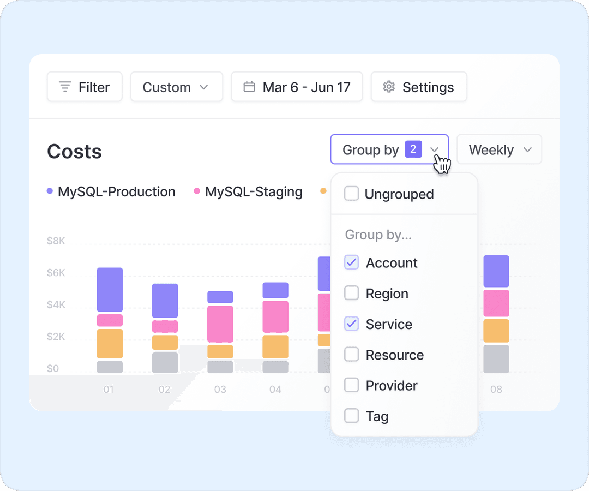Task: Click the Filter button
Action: tap(85, 87)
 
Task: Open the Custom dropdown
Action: tap(176, 87)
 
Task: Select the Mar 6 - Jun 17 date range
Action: tap(297, 87)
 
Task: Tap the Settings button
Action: tap(419, 87)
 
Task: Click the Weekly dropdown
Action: tap(499, 149)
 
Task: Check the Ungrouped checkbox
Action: tap(352, 194)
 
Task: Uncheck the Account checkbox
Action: tap(352, 262)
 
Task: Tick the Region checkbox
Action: tap(352, 294)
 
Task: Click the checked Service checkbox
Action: tap(352, 324)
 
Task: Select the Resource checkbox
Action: tap(352, 355)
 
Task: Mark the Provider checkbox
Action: tap(352, 386)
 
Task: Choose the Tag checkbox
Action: tap(352, 416)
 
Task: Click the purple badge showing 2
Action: tap(413, 149)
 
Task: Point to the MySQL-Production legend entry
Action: tap(111, 192)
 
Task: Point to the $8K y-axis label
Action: tap(56, 241)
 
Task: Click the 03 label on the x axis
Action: tap(220, 390)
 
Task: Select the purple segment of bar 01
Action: tap(110, 290)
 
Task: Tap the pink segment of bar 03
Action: tap(220, 324)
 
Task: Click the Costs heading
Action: tap(74, 152)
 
